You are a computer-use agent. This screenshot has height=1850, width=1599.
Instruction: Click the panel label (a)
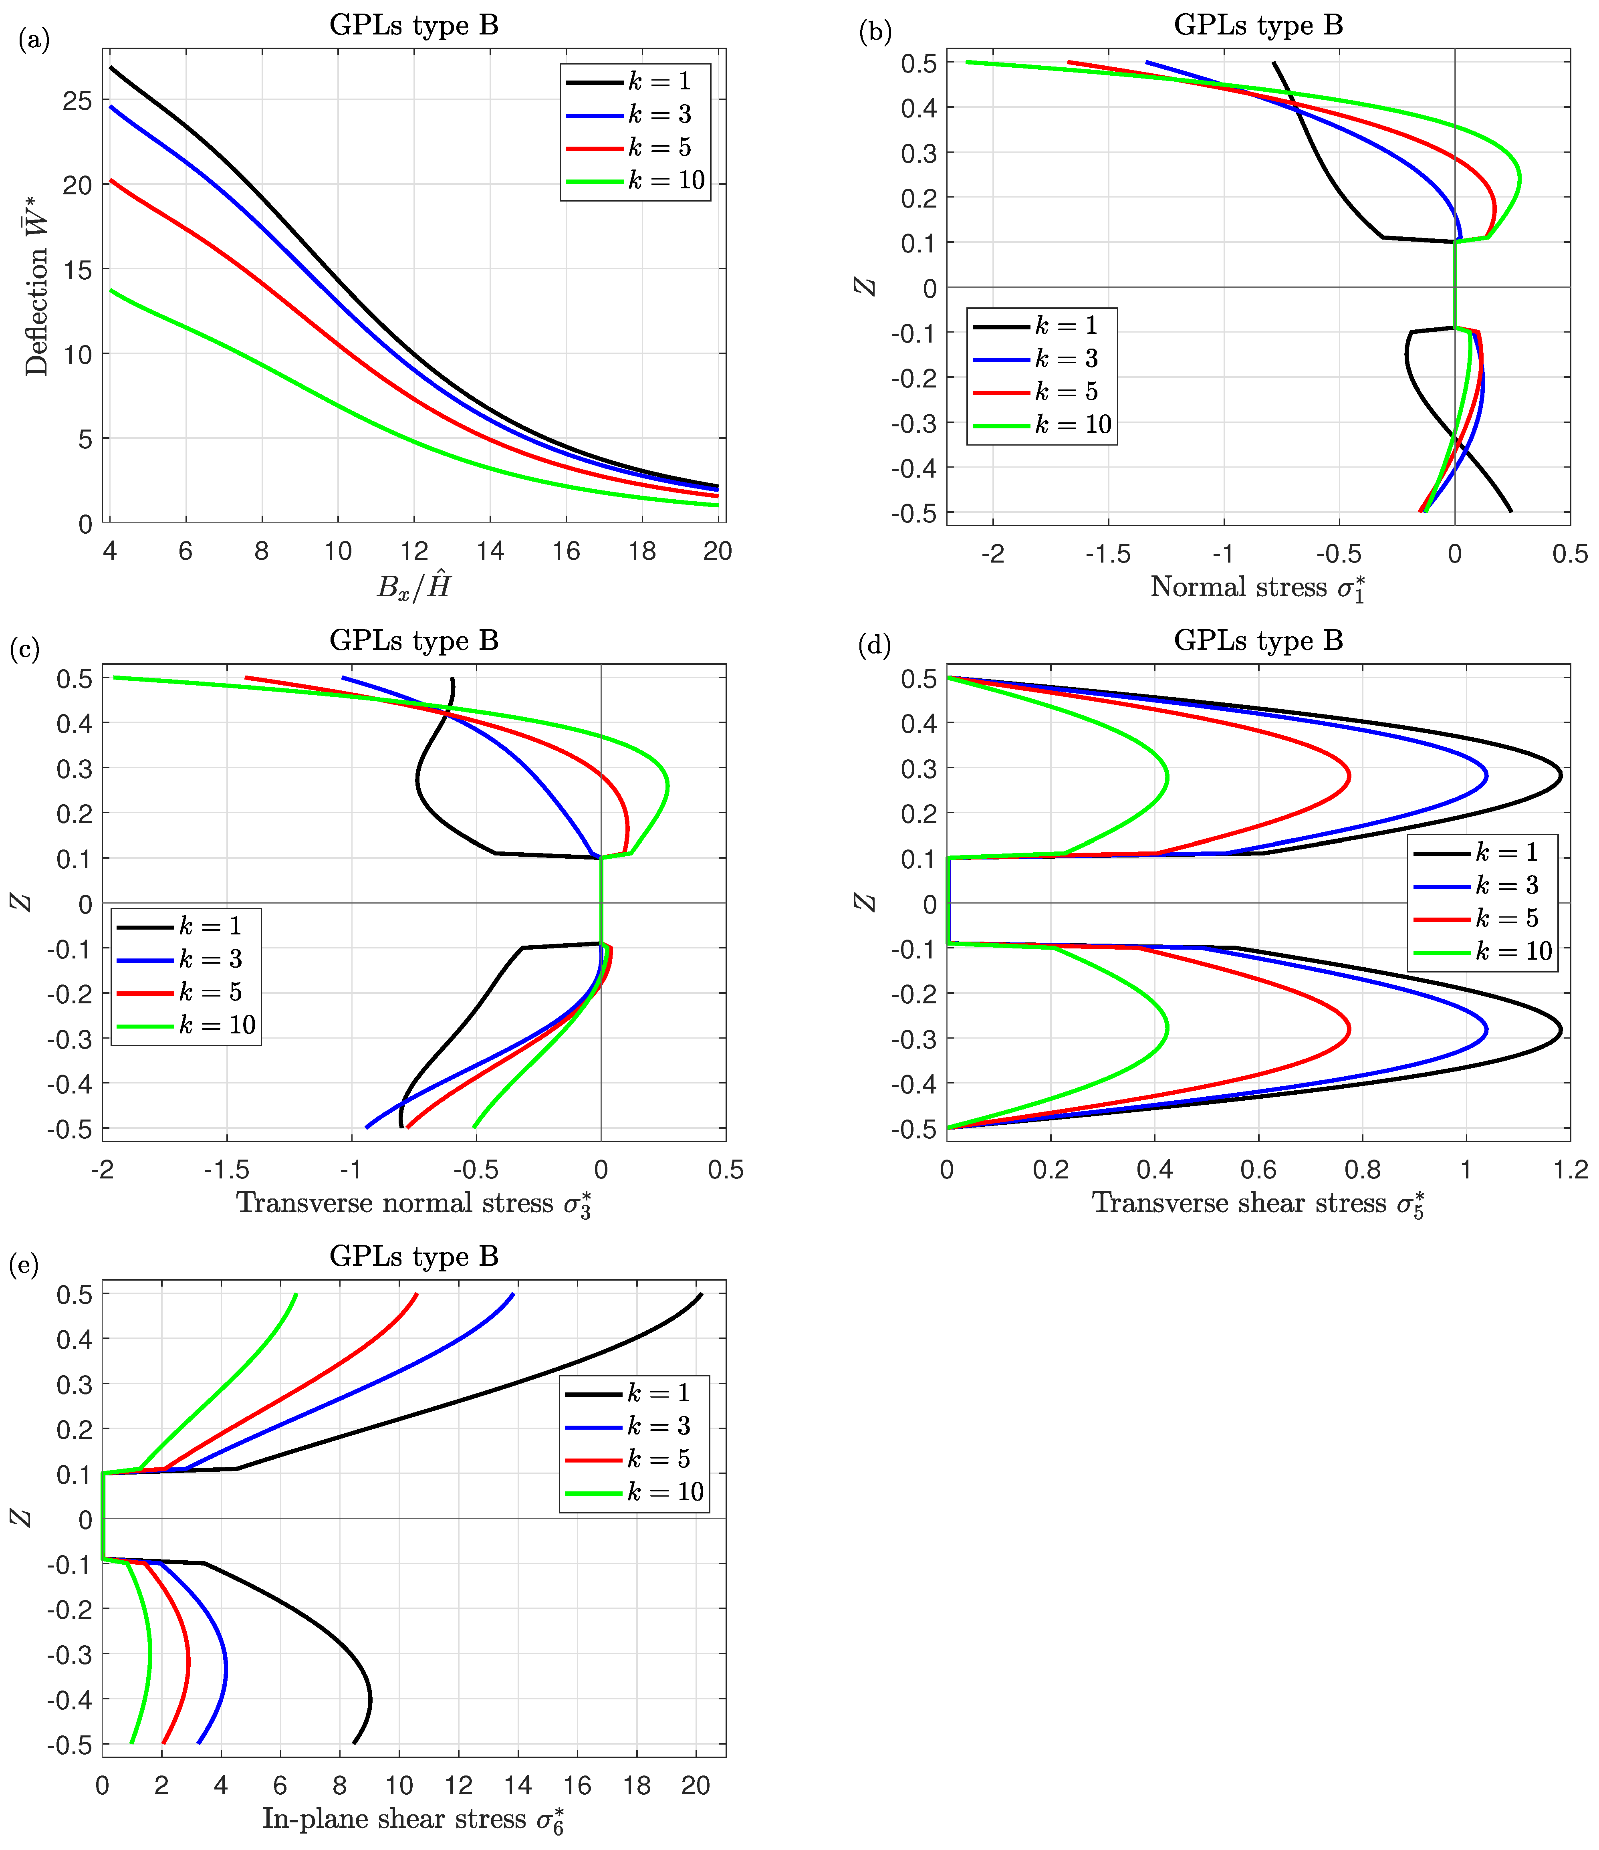[x=34, y=40]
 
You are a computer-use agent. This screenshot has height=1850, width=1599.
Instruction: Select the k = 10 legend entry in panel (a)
[x=636, y=181]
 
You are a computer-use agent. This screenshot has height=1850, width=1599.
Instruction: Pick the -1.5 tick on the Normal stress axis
[x=1108, y=555]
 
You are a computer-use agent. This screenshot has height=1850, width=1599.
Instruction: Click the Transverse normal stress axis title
[x=413, y=1204]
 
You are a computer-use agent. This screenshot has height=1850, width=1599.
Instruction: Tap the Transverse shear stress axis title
[x=1257, y=1204]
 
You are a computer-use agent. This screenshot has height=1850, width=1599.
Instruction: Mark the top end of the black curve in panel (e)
[x=701, y=1294]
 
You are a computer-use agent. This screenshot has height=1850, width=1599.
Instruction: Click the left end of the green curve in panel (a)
[x=111, y=290]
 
